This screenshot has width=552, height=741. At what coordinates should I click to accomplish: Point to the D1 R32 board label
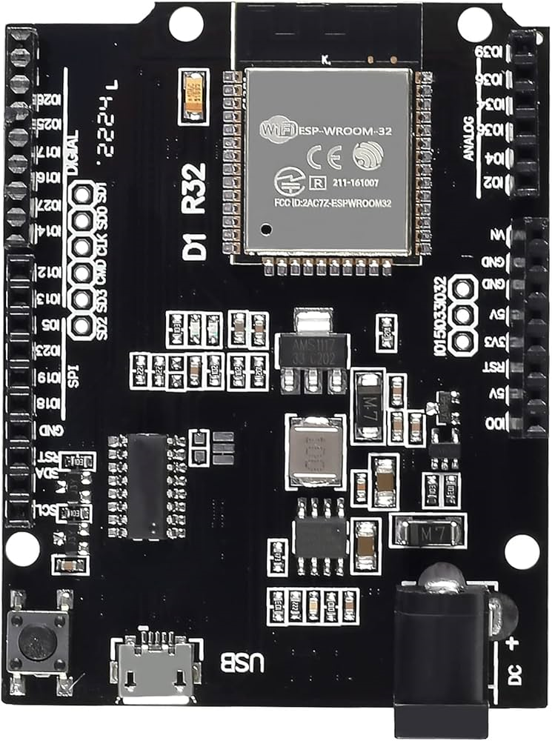click(x=195, y=211)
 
